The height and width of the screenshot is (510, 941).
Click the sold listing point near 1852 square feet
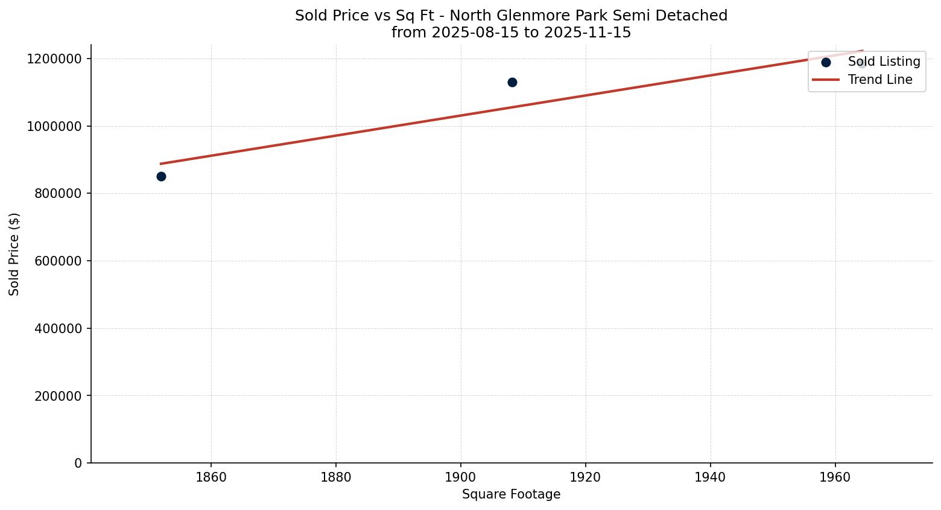[161, 176]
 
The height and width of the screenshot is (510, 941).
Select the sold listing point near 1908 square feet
[512, 82]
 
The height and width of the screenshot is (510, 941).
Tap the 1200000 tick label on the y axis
[54, 59]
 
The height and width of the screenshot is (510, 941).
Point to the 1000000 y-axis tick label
[54, 126]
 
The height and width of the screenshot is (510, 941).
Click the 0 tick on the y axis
[78, 463]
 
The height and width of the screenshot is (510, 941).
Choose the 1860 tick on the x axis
[211, 477]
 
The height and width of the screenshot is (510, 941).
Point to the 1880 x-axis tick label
[336, 477]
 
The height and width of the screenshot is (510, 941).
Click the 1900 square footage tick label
[461, 477]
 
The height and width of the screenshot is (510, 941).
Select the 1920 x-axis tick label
[586, 477]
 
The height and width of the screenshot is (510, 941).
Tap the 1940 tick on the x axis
[711, 477]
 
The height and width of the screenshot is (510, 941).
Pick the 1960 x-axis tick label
[835, 477]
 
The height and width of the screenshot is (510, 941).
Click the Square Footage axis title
[511, 494]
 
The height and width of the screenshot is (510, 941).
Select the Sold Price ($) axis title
[14, 254]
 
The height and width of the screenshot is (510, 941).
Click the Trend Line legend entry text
[880, 80]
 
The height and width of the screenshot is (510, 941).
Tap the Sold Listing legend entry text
[884, 62]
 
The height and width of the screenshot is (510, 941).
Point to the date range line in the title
[511, 33]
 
